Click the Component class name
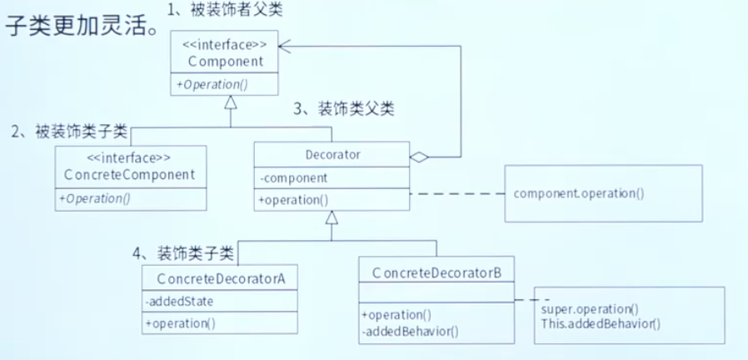(x=226, y=61)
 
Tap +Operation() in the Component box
(x=212, y=84)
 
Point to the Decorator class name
(x=331, y=155)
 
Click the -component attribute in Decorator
(x=292, y=178)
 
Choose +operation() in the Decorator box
(x=294, y=199)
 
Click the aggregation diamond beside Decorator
(x=419, y=156)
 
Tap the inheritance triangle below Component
(x=232, y=102)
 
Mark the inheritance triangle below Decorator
(x=332, y=218)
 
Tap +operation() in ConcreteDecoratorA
(x=180, y=323)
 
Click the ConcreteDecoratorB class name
(x=431, y=272)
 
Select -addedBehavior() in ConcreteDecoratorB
(x=409, y=330)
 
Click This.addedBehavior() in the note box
(x=600, y=323)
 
